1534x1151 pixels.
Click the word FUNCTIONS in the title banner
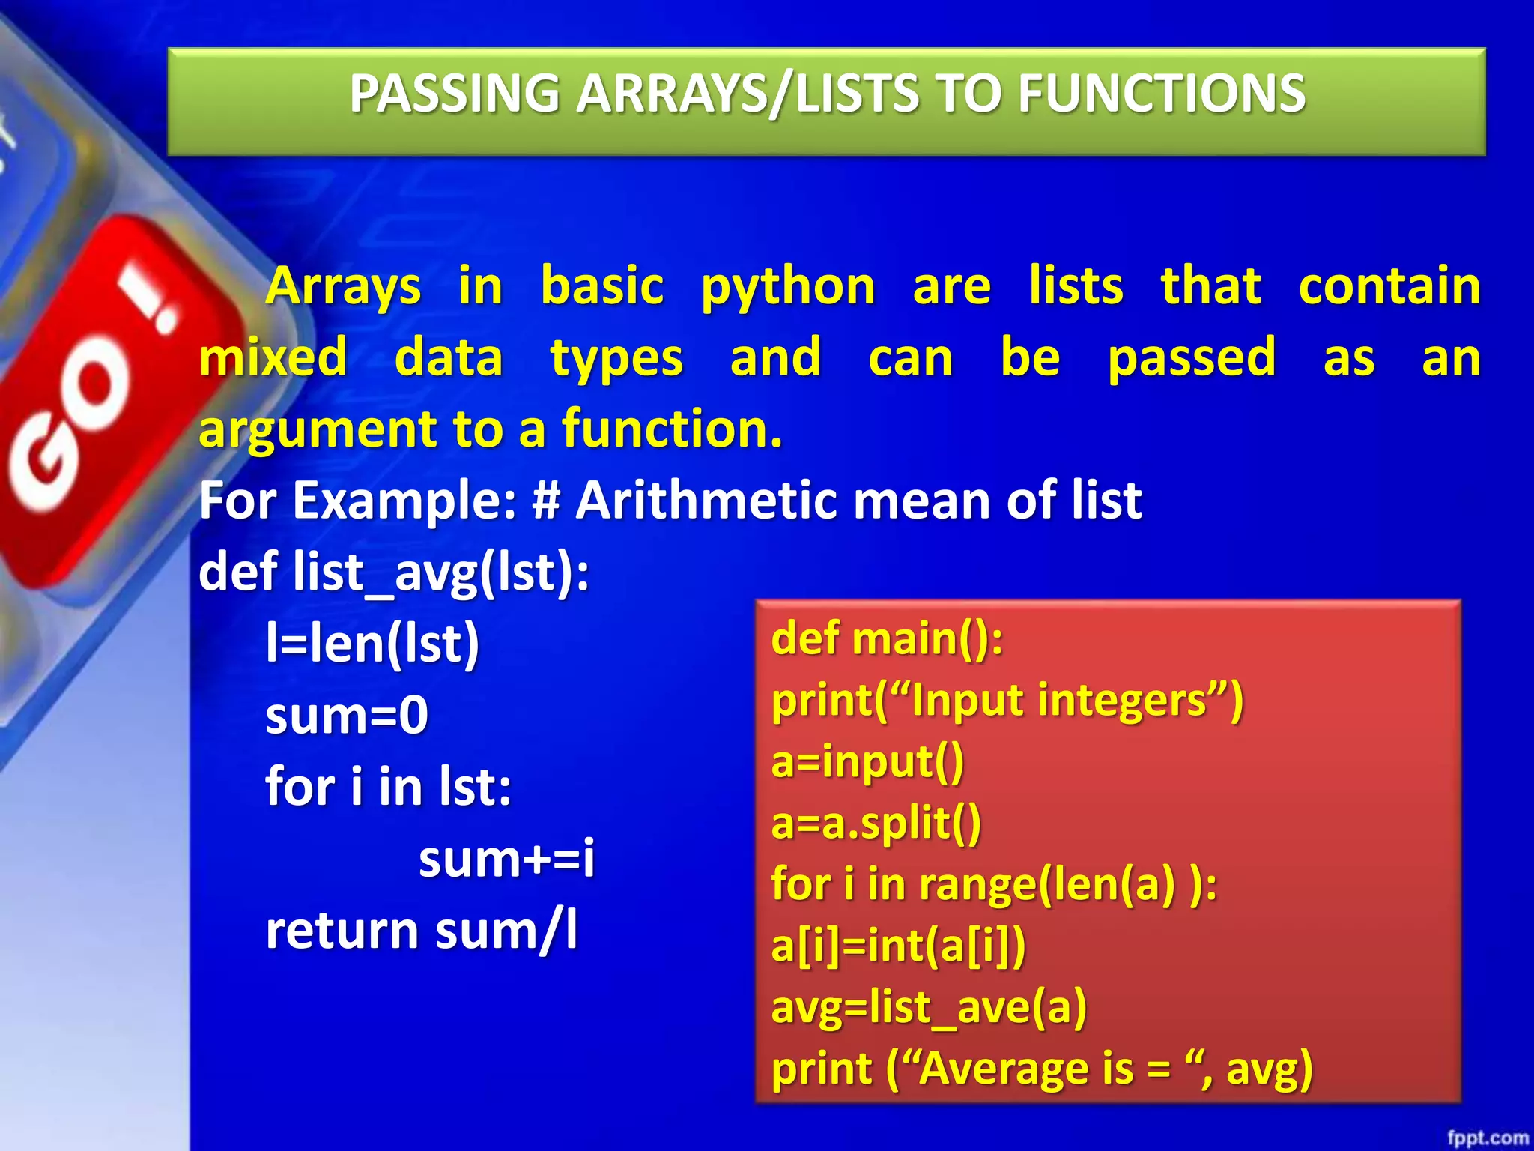coord(1161,94)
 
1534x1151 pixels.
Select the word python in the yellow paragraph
coord(788,288)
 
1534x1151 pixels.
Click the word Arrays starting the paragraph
coord(344,286)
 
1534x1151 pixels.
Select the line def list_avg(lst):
coord(394,572)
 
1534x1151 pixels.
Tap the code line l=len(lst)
coord(372,644)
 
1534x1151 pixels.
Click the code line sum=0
coord(347,715)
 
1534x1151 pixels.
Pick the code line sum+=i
coord(506,859)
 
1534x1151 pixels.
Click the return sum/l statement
coord(422,931)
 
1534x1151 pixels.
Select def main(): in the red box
coord(887,639)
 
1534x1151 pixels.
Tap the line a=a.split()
coord(876,824)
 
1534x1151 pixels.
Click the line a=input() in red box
coord(867,762)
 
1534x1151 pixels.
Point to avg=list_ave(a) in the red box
coord(929,1007)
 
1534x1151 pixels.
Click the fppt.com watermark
coord(1487,1138)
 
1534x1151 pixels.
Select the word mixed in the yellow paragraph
coord(273,358)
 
